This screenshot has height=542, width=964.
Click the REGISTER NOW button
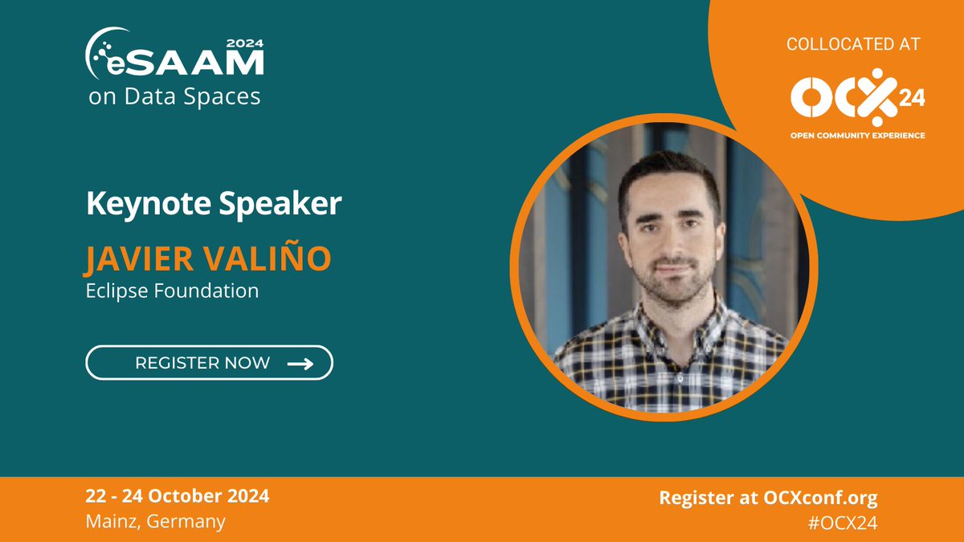(209, 362)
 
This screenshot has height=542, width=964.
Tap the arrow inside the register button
(300, 363)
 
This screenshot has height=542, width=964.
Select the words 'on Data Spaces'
(174, 97)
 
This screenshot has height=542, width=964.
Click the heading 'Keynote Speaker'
(214, 204)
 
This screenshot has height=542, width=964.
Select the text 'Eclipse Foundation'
(172, 291)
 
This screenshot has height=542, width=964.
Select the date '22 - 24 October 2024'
(178, 495)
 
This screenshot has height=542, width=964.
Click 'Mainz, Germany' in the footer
(156, 521)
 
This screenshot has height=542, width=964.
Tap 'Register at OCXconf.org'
(768, 497)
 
